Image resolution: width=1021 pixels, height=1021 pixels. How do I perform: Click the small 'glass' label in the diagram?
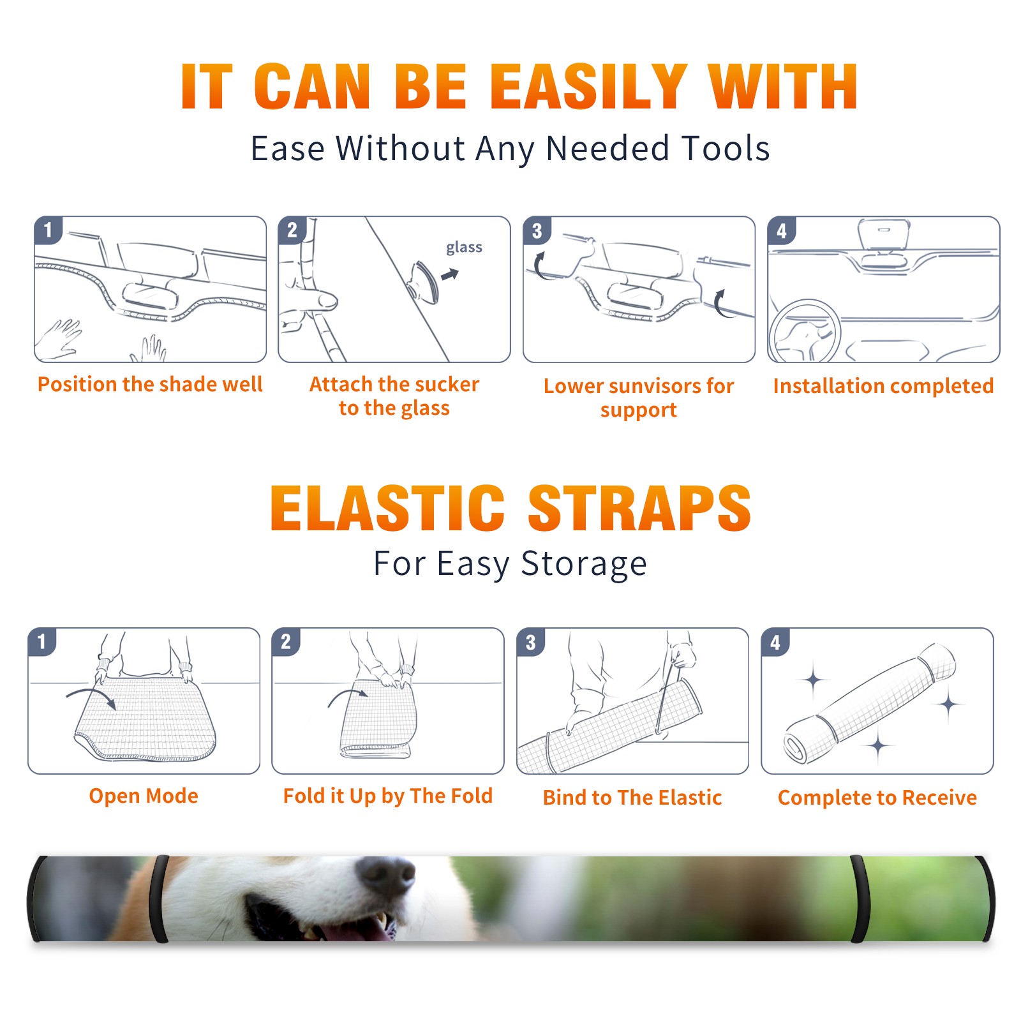(464, 248)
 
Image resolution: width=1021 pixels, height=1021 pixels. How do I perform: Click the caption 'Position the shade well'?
(150, 384)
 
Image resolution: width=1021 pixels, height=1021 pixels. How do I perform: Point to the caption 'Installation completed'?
(883, 386)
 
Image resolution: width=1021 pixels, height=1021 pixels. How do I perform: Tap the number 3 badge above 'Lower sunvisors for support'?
(537, 230)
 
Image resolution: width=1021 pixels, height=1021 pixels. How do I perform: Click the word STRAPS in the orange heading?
(639, 508)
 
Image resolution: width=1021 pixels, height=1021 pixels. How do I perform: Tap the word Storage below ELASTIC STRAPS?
(584, 564)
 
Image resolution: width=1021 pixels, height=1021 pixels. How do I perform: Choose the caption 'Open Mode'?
(144, 796)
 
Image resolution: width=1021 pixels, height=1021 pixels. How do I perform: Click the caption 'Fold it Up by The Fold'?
(388, 796)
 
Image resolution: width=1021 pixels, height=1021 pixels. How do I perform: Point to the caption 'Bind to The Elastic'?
(632, 798)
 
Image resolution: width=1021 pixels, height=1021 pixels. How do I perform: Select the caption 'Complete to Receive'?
(877, 798)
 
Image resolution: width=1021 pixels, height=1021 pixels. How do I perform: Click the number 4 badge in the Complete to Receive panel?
(775, 642)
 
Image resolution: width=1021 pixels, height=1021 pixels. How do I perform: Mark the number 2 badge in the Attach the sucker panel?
(292, 230)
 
